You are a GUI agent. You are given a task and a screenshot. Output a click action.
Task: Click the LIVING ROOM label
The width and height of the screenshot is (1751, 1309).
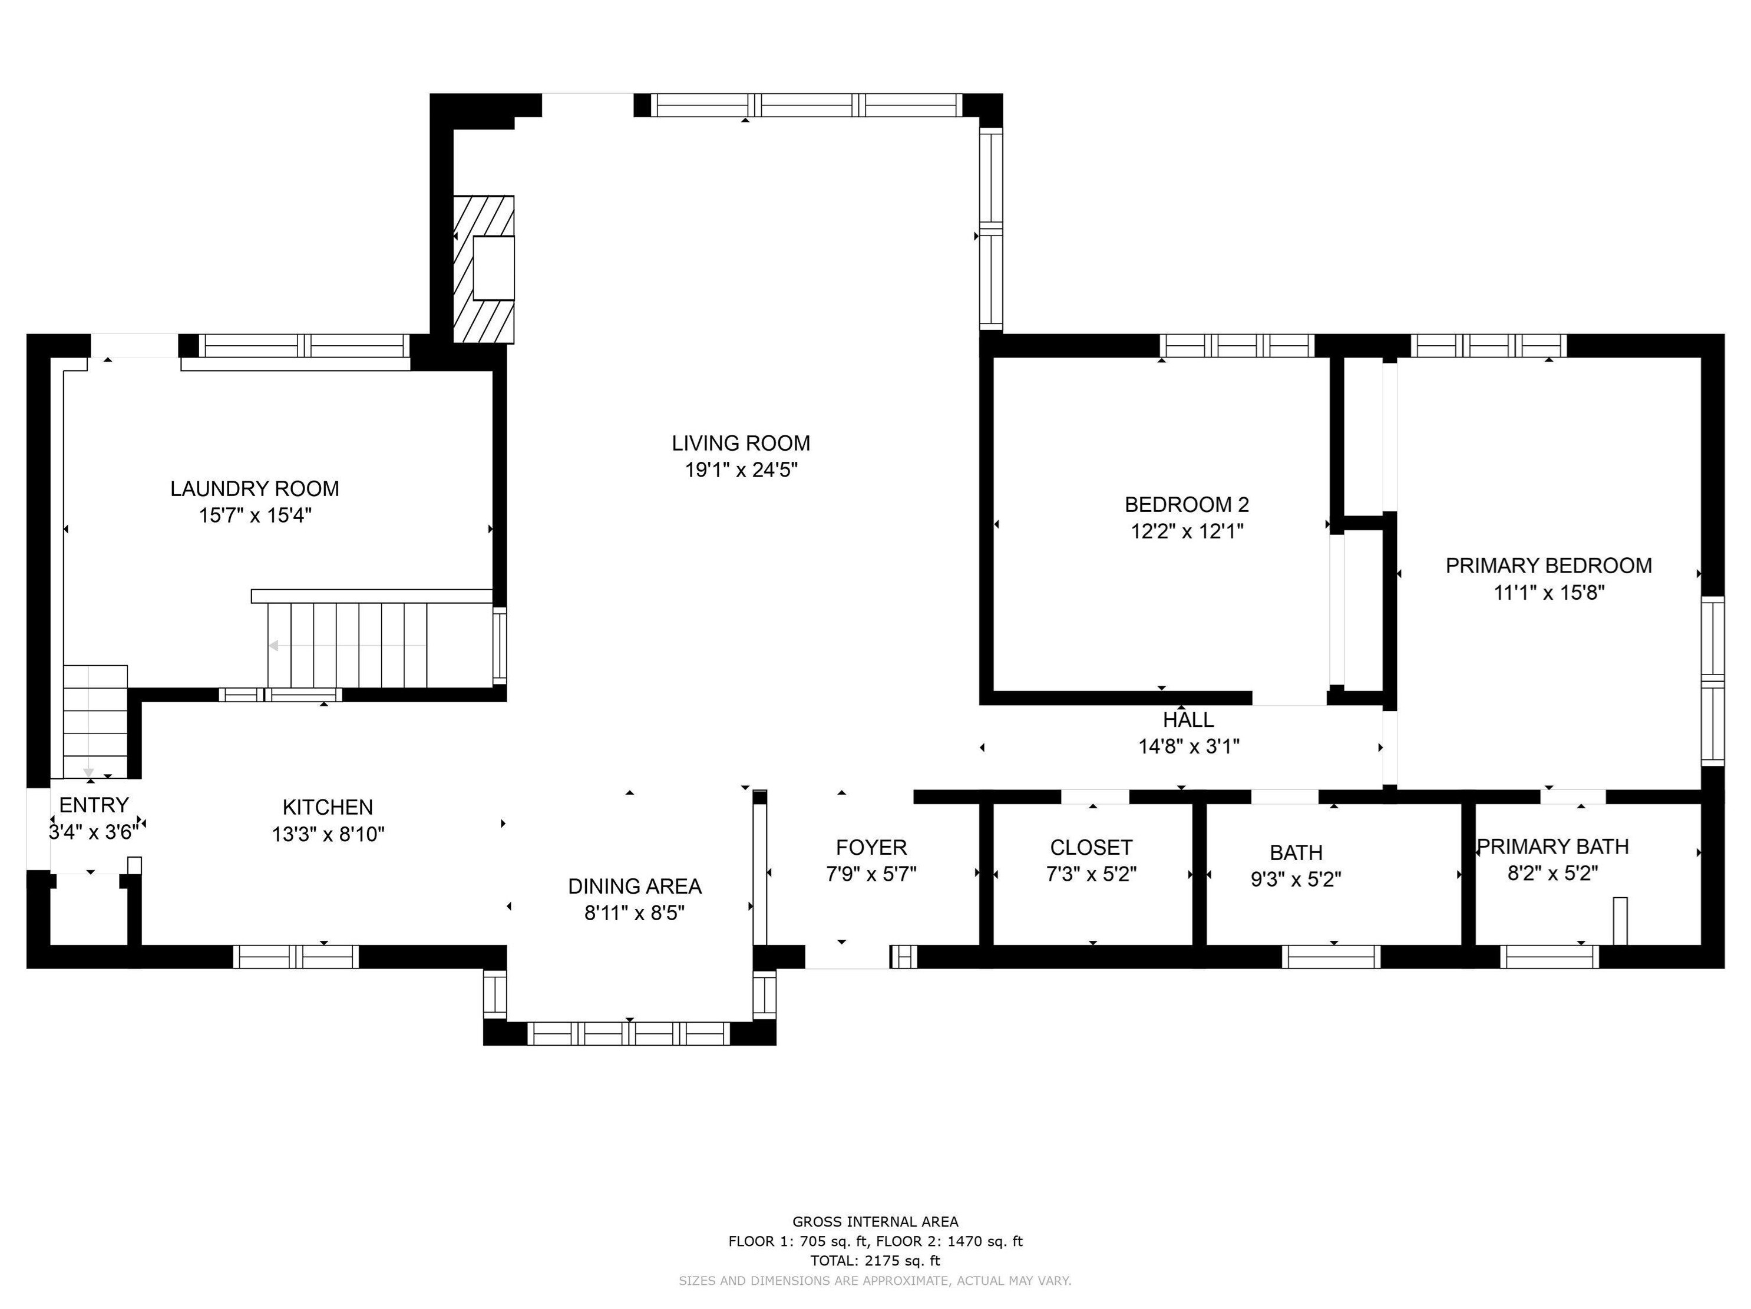coord(741,443)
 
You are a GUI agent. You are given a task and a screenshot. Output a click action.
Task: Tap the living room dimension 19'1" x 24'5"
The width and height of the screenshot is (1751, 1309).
coord(741,470)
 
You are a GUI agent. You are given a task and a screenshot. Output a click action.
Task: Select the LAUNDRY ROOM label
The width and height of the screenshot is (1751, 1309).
coord(255,489)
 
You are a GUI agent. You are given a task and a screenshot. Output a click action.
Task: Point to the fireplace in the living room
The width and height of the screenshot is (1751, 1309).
coord(484,269)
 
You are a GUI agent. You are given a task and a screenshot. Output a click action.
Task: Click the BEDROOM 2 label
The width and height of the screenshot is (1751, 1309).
coord(1187,504)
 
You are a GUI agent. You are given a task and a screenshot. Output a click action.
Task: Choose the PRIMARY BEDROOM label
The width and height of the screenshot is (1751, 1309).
coord(1548,566)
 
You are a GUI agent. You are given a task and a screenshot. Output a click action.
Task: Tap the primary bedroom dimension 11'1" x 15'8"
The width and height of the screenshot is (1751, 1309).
coord(1548,593)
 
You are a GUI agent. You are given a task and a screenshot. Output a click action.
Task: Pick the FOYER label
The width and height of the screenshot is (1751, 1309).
coord(871,848)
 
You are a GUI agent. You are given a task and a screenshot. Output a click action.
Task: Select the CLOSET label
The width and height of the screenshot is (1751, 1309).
coord(1091,848)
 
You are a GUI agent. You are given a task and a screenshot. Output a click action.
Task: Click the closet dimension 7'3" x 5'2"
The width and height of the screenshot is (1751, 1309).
coord(1091,874)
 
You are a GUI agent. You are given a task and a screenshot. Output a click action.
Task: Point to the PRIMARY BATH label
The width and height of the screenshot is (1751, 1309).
coord(1553,847)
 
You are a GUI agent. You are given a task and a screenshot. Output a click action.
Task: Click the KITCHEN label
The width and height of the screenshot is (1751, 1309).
coord(328,807)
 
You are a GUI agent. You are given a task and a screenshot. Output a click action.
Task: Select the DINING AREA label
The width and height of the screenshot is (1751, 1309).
coord(635,887)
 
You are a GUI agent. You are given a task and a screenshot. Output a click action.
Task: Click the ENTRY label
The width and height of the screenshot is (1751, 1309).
coord(94,805)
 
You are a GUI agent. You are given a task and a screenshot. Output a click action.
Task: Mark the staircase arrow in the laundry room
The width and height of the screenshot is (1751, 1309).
coord(348,646)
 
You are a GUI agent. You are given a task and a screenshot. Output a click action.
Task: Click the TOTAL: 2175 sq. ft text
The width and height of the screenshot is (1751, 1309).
coord(875,1261)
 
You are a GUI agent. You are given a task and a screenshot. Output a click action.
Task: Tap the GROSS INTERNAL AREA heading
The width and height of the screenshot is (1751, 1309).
coord(875,1221)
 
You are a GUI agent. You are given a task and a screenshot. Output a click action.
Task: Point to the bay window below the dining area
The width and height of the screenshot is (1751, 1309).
coord(629,1033)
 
